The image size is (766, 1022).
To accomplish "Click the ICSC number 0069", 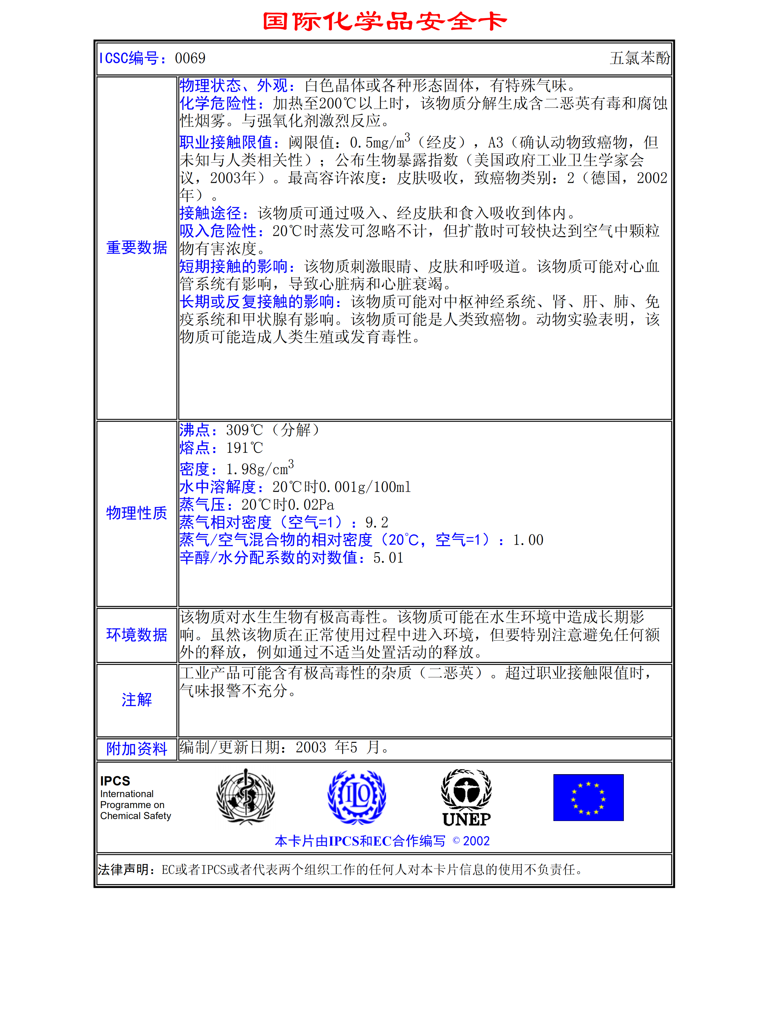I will pyautogui.click(x=190, y=58).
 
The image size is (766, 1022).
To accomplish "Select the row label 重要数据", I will pyautogui.click(x=136, y=248).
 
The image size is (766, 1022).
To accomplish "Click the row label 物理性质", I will pyautogui.click(x=136, y=513).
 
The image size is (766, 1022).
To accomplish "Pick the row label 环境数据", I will pyautogui.click(x=136, y=635).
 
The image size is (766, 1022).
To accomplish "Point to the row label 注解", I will pyautogui.click(x=136, y=700).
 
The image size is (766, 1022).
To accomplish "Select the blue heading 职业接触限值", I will pyautogui.click(x=229, y=142).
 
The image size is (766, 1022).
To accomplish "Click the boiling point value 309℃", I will pyautogui.click(x=244, y=430).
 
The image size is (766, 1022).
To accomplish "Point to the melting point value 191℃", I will pyautogui.click(x=244, y=448).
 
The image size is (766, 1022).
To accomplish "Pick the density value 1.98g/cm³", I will pyautogui.click(x=259, y=469).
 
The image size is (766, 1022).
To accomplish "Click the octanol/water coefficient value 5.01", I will pyautogui.click(x=388, y=558).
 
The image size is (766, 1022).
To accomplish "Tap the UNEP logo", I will pyautogui.click(x=466, y=797).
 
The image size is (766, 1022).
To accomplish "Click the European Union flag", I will pyautogui.click(x=588, y=797).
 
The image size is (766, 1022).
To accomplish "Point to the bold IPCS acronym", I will pyautogui.click(x=115, y=781).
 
